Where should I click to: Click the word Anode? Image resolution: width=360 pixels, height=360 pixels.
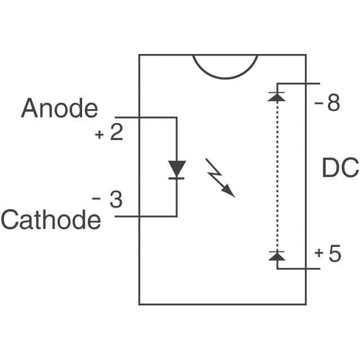point(59,108)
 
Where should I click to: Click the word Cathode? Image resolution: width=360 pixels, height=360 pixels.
point(51,219)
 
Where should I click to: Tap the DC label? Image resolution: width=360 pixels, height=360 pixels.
point(340,168)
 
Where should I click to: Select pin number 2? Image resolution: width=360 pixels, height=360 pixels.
point(116,134)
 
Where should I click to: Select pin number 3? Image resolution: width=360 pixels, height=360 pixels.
point(115,200)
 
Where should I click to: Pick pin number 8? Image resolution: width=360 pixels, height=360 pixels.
point(334,103)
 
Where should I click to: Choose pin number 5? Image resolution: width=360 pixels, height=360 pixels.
point(334,254)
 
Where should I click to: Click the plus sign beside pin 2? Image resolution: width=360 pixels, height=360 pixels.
point(100,136)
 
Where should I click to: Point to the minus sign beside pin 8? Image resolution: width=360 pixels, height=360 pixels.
point(319,105)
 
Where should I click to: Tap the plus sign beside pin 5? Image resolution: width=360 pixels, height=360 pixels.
point(319,254)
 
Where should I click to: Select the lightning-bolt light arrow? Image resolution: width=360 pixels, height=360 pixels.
point(220,177)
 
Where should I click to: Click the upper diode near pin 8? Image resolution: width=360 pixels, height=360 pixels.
point(277,96)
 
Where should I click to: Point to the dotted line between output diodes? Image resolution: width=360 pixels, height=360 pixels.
point(277,174)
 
